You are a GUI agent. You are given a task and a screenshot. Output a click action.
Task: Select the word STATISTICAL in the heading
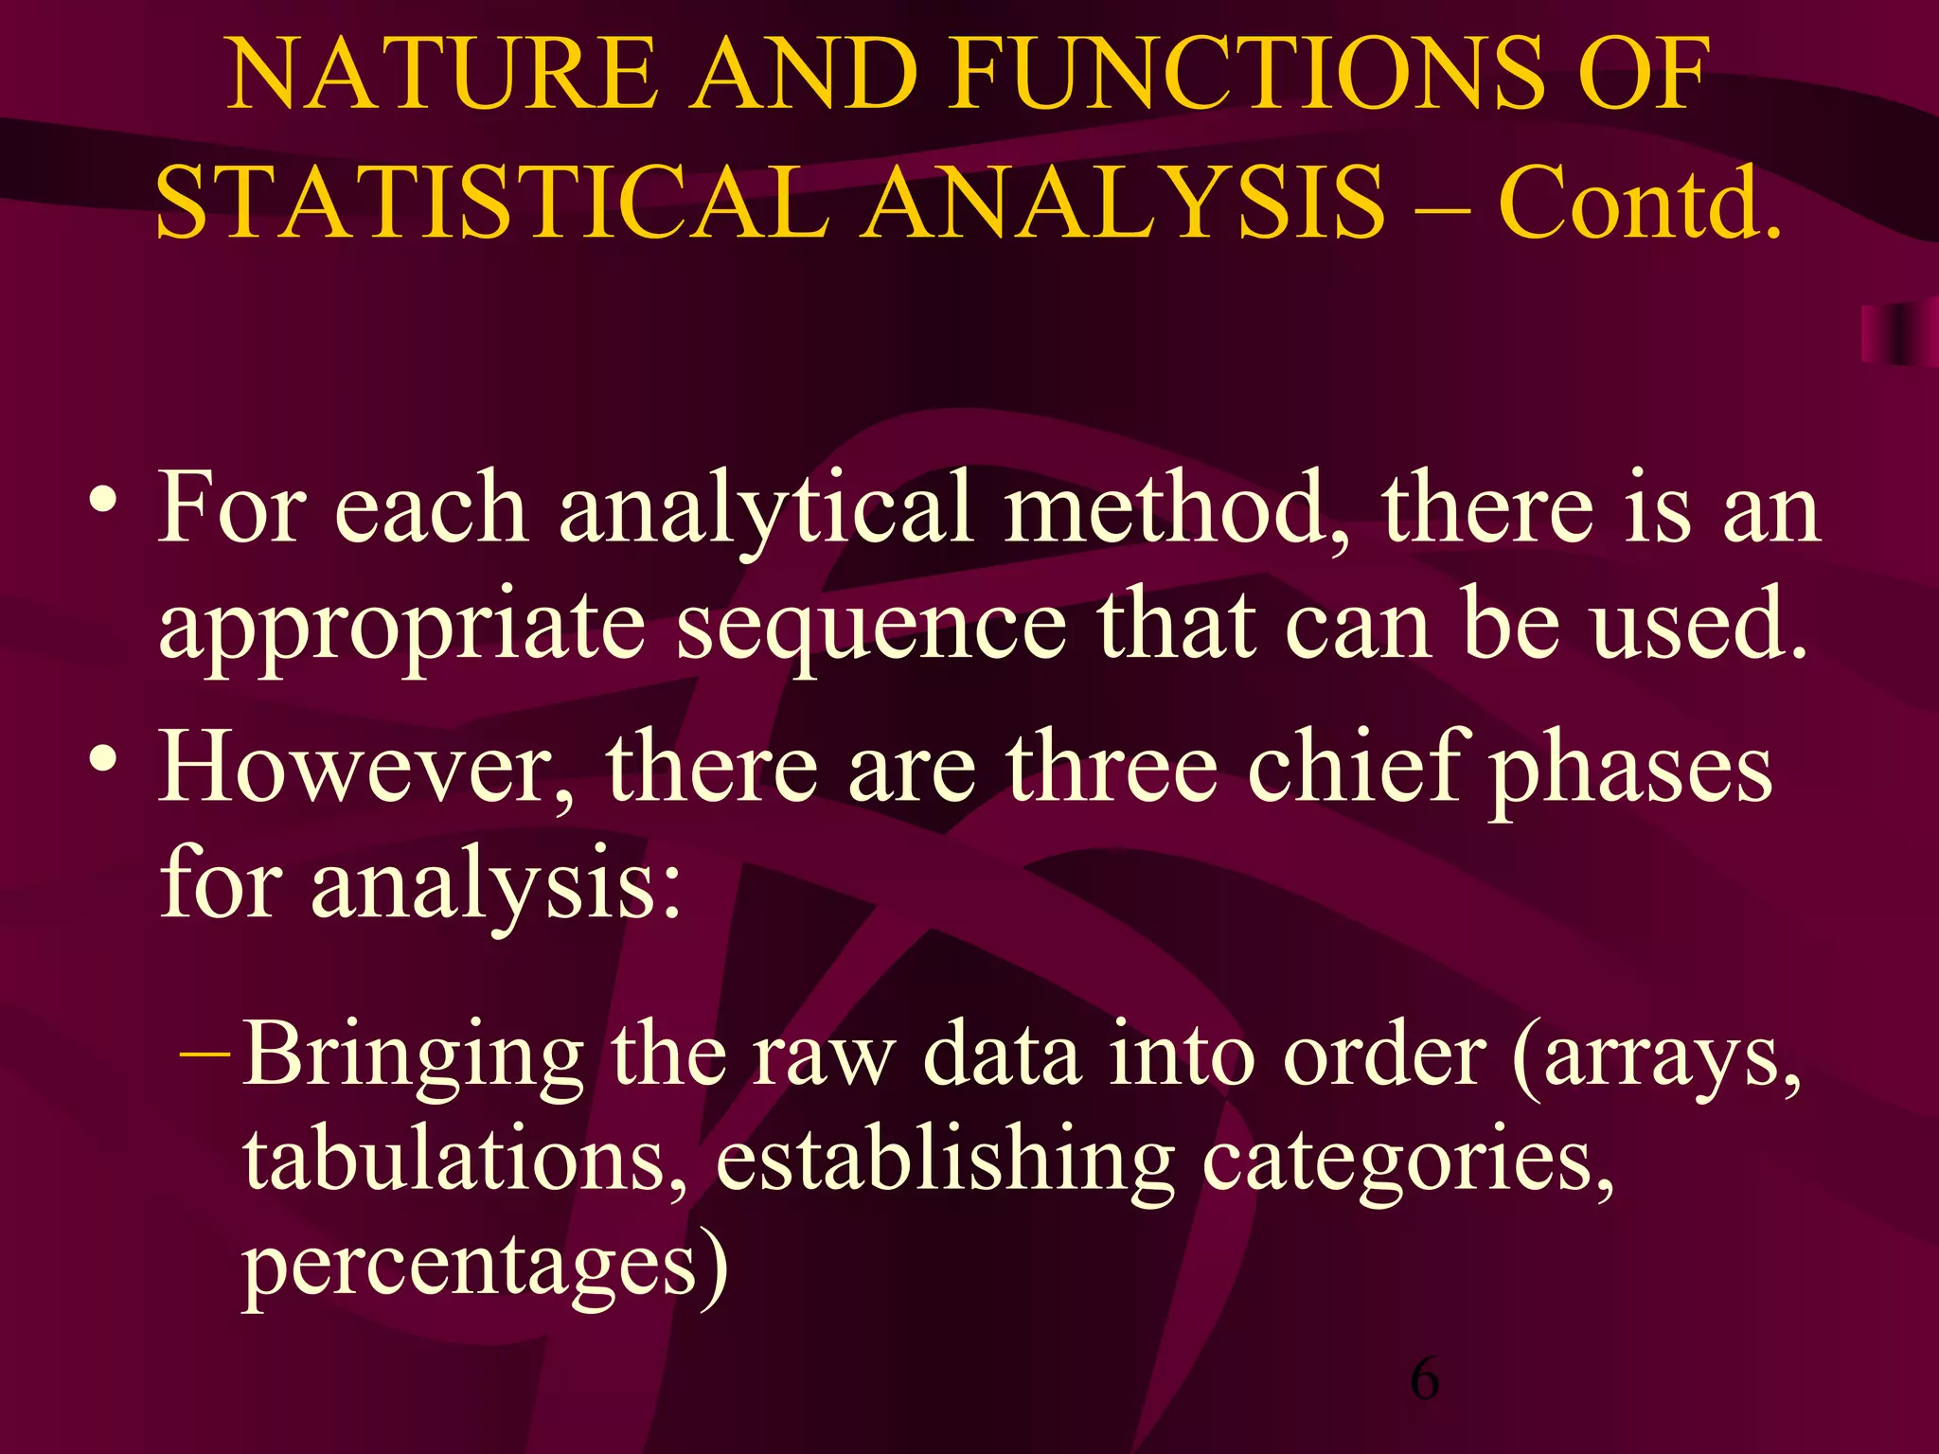[492, 202]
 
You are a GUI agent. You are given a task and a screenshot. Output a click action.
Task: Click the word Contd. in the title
[1639, 202]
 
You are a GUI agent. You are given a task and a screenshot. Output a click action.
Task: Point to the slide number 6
[1424, 1378]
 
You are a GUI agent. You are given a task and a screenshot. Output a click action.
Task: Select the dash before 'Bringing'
[204, 1052]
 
